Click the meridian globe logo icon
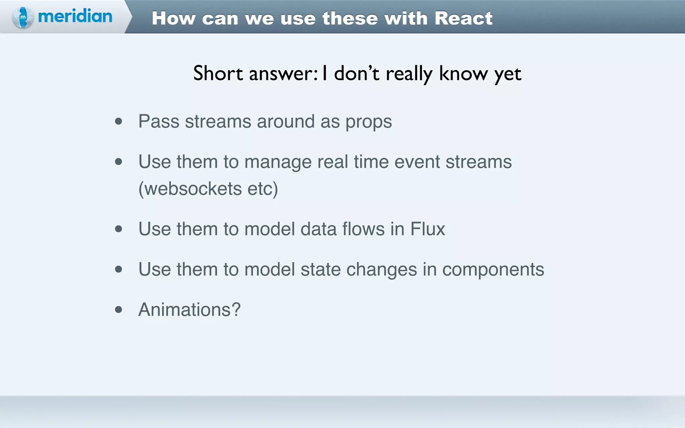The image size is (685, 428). (x=22, y=17)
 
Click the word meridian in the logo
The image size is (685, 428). (x=75, y=16)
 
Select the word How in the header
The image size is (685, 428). (x=174, y=18)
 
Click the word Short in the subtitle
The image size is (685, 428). (x=218, y=73)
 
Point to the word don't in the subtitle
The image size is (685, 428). (x=357, y=73)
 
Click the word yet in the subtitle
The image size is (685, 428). (x=508, y=74)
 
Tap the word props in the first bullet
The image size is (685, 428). (x=369, y=122)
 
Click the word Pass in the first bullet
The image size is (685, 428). (x=159, y=121)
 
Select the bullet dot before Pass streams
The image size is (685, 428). (x=118, y=121)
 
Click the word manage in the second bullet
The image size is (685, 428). (x=278, y=162)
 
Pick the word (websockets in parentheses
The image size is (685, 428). (x=190, y=189)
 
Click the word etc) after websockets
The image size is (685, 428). (x=263, y=189)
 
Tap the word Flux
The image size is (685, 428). (x=427, y=229)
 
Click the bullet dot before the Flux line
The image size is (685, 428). (x=118, y=229)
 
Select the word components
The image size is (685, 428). (x=493, y=270)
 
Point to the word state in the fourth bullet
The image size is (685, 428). (x=320, y=270)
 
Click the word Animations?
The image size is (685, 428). (x=189, y=310)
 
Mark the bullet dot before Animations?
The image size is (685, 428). (x=118, y=310)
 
